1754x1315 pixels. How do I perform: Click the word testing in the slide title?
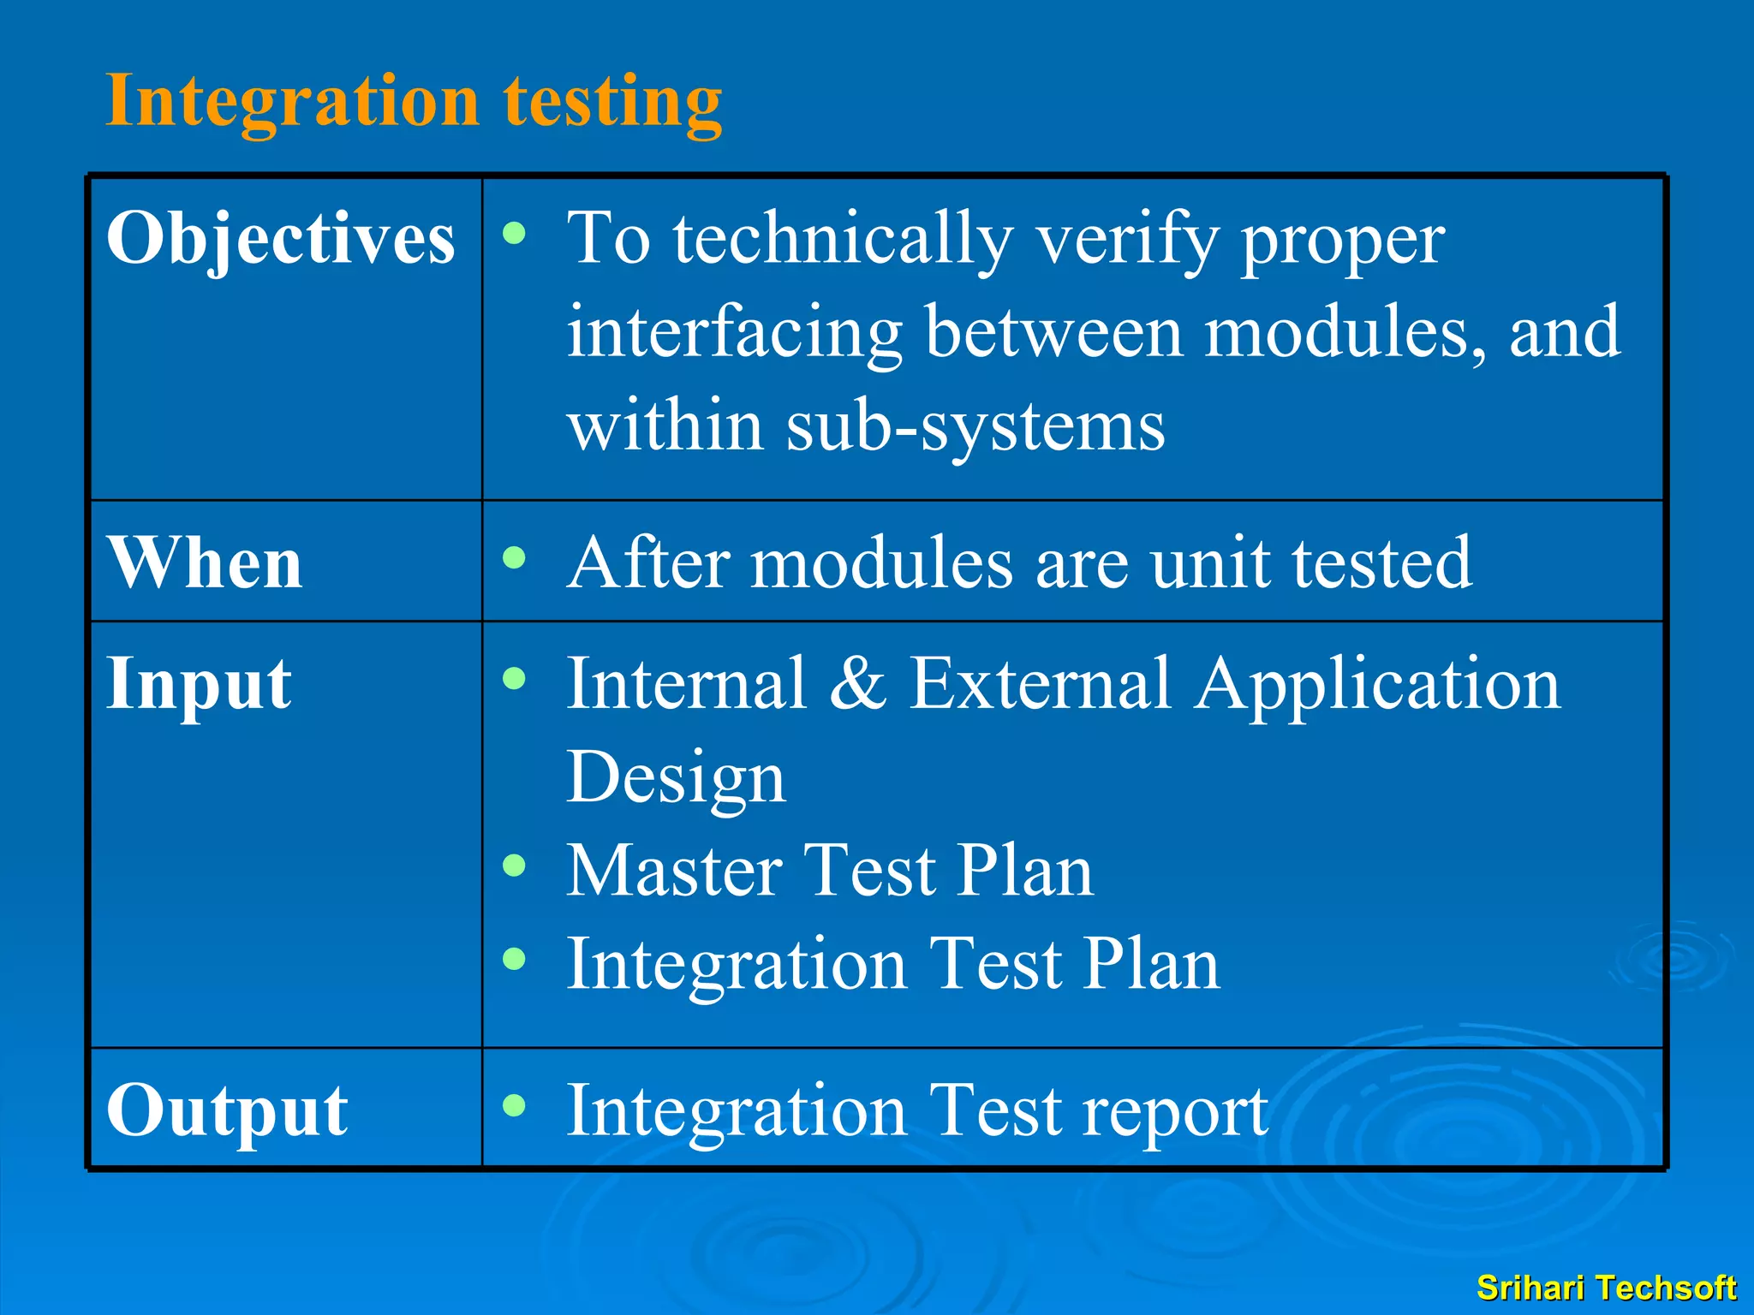pyautogui.click(x=612, y=103)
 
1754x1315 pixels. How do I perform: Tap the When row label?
pyautogui.click(x=205, y=562)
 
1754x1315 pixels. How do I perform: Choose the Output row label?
pyautogui.click(x=227, y=1110)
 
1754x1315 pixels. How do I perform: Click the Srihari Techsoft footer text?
pyautogui.click(x=1606, y=1288)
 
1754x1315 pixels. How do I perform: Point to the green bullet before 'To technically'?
pyautogui.click(x=514, y=233)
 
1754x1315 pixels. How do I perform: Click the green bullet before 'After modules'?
pyautogui.click(x=514, y=558)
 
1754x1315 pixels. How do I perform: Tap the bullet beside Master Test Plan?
pyautogui.click(x=514, y=866)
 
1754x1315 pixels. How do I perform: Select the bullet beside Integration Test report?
pyautogui.click(x=514, y=1105)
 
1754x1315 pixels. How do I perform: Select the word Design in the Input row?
pyautogui.click(x=676, y=777)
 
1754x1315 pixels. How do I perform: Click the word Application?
pyautogui.click(x=1378, y=685)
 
